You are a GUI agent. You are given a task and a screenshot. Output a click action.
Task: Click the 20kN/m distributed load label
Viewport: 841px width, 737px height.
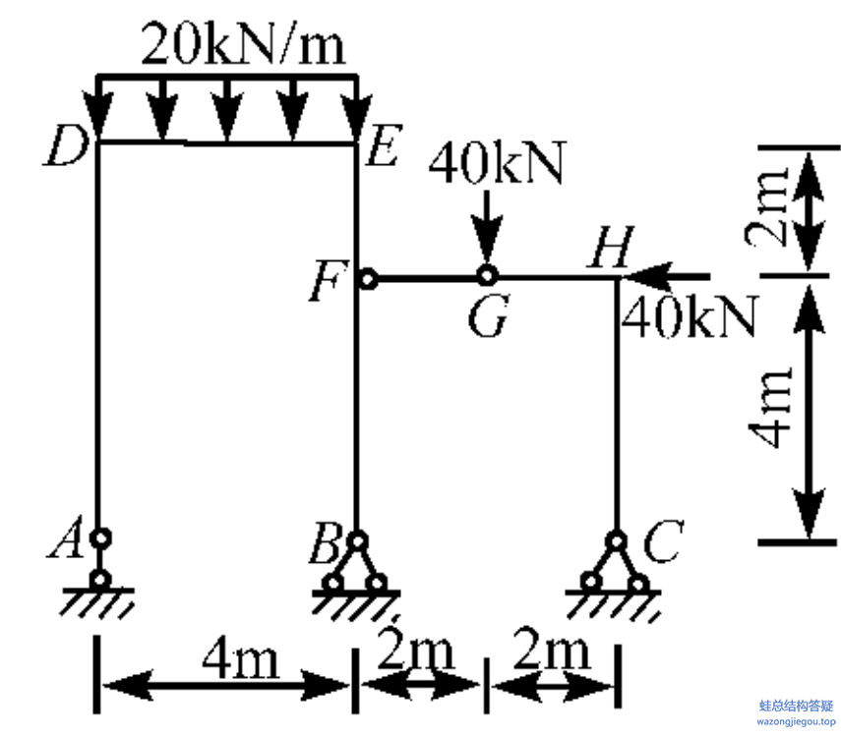[242, 44]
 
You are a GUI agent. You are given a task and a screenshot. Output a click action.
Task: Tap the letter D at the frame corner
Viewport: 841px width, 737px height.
[66, 146]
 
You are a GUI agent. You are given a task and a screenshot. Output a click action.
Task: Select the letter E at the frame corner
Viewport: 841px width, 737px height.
[383, 144]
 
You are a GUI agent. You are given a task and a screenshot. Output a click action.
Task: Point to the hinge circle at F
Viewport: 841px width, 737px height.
[368, 279]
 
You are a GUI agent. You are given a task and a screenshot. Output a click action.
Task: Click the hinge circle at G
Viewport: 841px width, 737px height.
[487, 276]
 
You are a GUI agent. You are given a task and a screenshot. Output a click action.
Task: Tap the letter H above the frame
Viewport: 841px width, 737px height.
[611, 246]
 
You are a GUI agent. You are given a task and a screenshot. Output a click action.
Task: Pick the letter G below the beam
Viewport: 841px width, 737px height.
[488, 315]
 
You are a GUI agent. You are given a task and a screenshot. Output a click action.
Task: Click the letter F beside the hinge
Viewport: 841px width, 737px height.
[329, 281]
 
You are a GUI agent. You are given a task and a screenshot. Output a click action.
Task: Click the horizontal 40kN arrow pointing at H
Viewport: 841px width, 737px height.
[666, 276]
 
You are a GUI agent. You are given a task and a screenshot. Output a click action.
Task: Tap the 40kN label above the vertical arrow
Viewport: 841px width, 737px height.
[497, 163]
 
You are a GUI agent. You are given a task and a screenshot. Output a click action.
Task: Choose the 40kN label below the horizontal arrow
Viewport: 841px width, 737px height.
[691, 316]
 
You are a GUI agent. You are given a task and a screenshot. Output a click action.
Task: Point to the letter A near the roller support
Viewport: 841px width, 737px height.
[66, 538]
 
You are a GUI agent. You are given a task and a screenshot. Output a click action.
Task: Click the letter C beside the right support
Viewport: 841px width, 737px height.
[663, 540]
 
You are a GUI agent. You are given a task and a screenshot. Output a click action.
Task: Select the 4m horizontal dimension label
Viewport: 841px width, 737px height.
[241, 658]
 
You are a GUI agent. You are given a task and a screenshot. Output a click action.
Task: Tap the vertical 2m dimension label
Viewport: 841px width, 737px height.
[768, 205]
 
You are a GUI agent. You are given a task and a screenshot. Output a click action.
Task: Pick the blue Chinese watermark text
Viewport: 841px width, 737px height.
[797, 706]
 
